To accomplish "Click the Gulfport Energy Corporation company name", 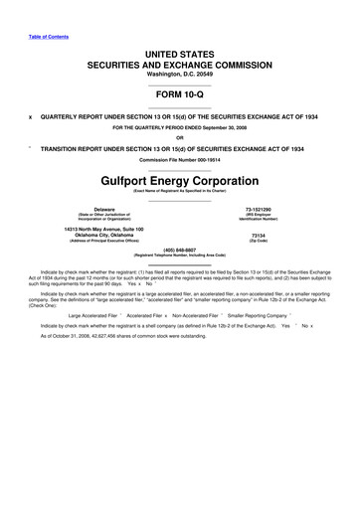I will [180, 183].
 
